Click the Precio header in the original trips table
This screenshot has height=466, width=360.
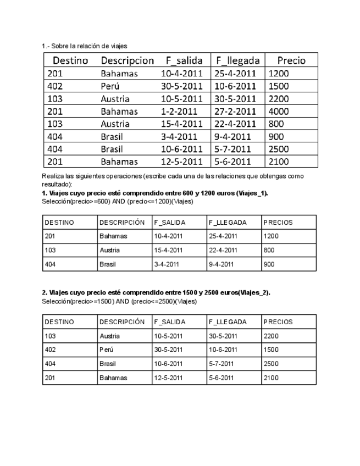coord(291,60)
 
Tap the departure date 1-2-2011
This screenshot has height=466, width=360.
coord(178,112)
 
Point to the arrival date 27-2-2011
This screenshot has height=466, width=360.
coord(235,112)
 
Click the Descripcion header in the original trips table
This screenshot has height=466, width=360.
coord(127,60)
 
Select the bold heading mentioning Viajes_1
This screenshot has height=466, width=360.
coord(154,194)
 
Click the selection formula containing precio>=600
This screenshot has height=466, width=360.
coord(117,202)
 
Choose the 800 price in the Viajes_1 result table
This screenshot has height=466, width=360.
coord(269,250)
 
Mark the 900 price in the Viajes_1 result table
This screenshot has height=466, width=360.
coord(269,264)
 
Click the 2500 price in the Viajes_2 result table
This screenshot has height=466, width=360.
coord(271,364)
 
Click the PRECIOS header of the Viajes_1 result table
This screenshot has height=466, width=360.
coord(278,223)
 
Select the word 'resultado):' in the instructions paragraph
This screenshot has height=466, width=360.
coord(57,184)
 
